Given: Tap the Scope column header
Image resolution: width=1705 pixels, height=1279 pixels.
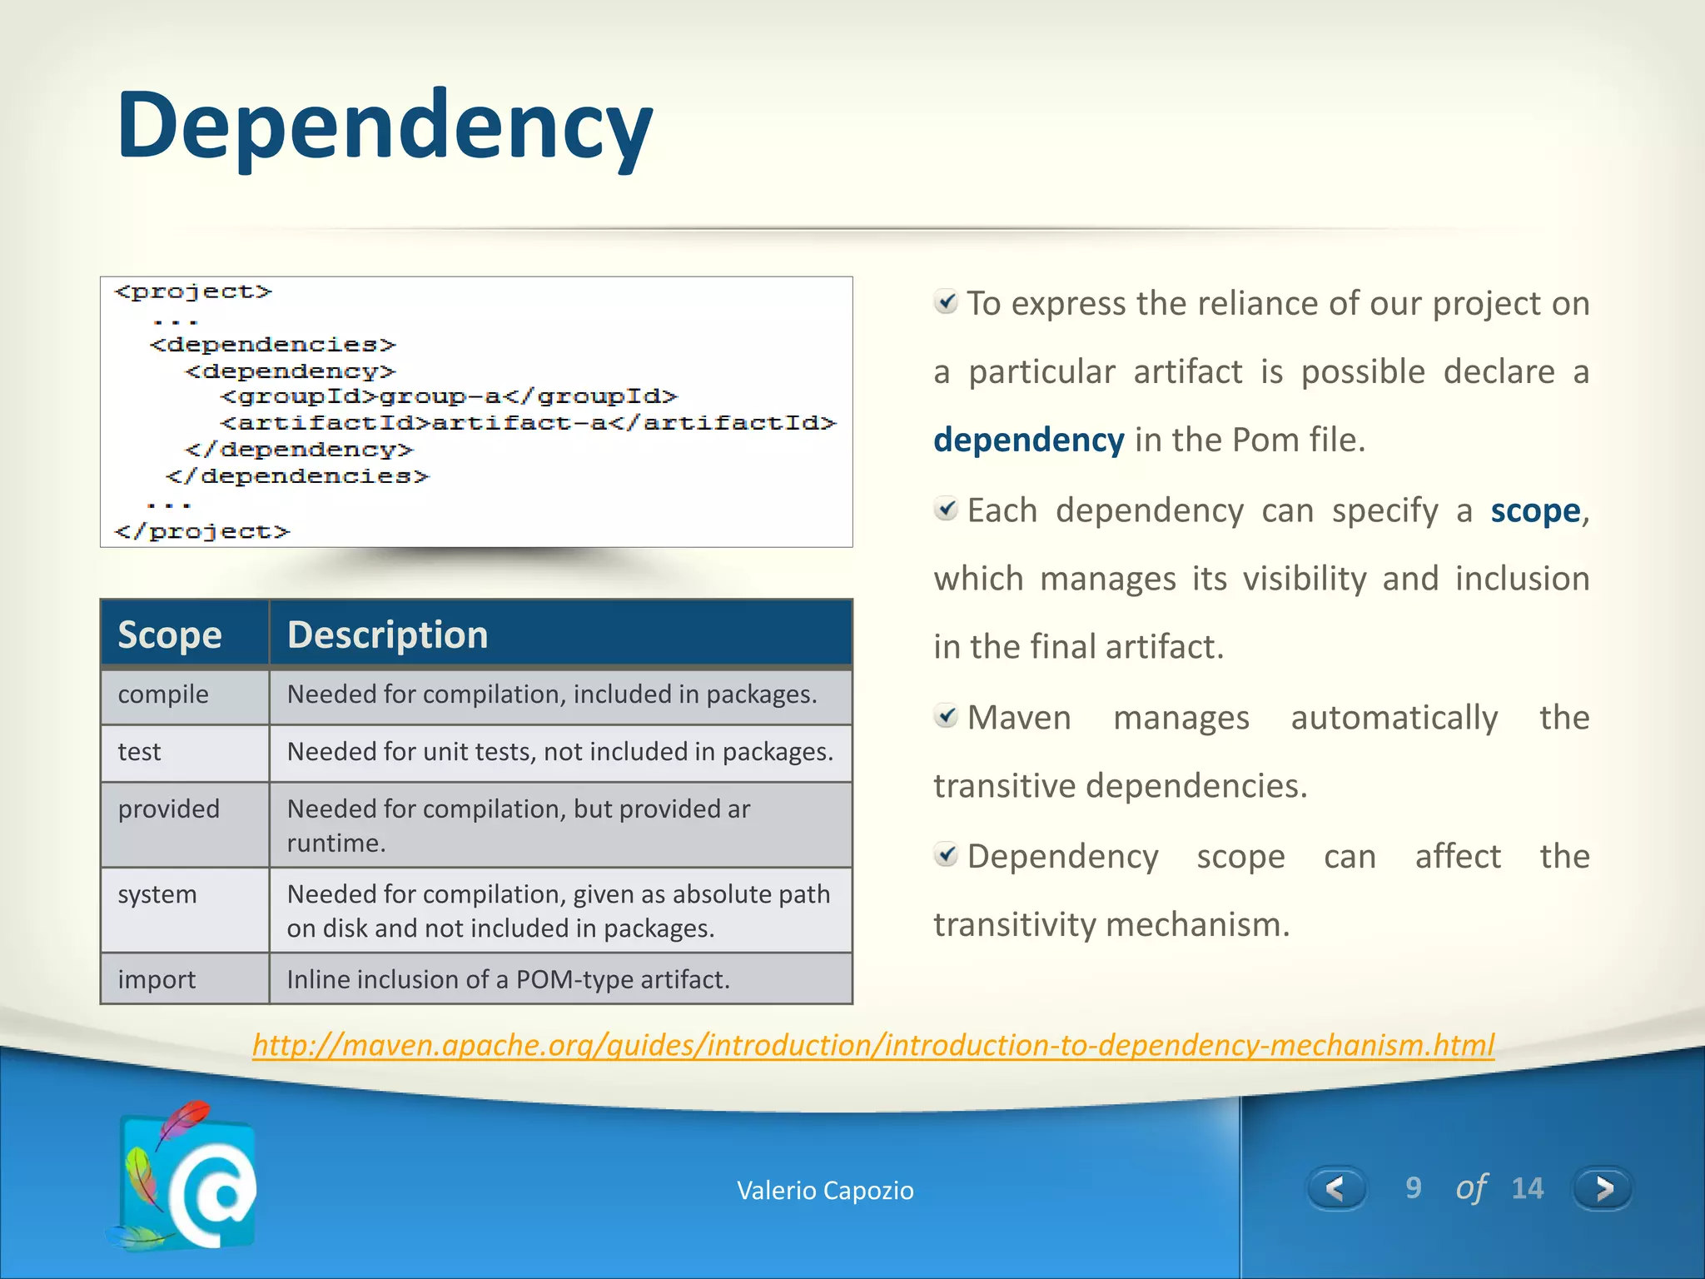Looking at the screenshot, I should (x=170, y=635).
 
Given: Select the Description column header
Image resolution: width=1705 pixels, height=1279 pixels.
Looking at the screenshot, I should (x=388, y=635).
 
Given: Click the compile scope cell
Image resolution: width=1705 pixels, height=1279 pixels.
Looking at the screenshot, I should (x=163, y=694).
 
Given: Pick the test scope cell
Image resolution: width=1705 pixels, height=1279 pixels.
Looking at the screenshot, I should (x=139, y=752).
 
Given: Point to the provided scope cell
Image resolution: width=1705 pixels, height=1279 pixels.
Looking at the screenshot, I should (x=169, y=809).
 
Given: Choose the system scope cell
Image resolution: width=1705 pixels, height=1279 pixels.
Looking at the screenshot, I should (x=157, y=894).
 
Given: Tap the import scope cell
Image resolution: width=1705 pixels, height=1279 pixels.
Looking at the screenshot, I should (x=157, y=979).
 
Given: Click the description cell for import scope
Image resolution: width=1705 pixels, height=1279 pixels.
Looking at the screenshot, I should (x=508, y=979).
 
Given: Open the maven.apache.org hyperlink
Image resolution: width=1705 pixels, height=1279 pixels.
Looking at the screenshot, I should (x=873, y=1044).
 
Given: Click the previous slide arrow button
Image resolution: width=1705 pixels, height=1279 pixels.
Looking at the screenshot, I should (x=1335, y=1188).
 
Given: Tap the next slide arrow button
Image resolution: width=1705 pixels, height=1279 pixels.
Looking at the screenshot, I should (x=1603, y=1188).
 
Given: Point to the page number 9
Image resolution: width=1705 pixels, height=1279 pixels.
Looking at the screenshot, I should (x=1413, y=1188).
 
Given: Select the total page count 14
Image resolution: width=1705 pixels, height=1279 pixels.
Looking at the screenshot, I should (x=1527, y=1188).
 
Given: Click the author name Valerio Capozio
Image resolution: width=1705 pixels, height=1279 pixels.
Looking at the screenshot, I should (x=825, y=1191).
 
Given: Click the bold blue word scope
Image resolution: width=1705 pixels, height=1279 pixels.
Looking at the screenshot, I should (x=1534, y=510).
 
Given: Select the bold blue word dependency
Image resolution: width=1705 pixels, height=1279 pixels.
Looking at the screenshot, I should (x=1028, y=440).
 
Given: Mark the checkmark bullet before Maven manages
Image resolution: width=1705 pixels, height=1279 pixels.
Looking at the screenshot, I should (x=946, y=715).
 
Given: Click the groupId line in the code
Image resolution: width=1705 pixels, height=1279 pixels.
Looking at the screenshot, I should (x=450, y=396).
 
